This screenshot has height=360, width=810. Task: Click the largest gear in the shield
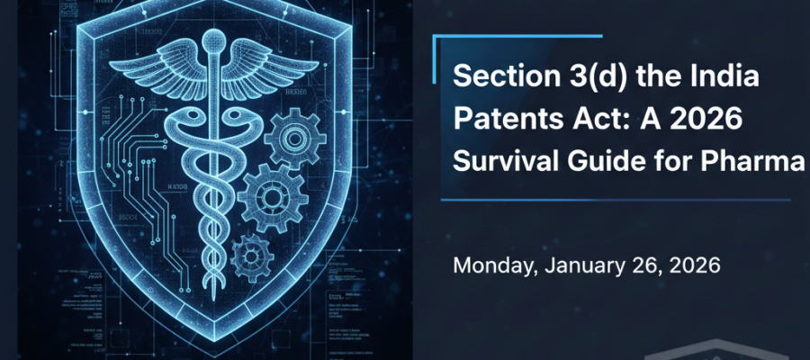[x=271, y=197]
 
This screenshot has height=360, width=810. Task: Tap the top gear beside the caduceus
[x=295, y=139]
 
